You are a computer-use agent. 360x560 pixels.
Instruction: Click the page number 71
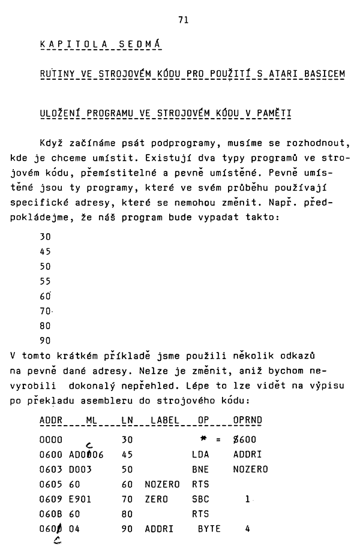coord(183,20)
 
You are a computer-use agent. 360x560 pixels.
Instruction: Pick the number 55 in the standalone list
coord(45,281)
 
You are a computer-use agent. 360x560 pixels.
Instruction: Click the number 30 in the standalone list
coord(45,236)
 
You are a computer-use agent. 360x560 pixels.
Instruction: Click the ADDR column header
coord(51,421)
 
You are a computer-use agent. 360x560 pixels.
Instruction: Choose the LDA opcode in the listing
coord(200,454)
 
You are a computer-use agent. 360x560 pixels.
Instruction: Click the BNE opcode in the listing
coord(200,469)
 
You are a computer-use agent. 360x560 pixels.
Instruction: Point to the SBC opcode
coord(200,499)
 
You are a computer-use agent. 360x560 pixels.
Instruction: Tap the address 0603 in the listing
coord(51,469)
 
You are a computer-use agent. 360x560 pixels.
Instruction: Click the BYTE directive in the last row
coord(209,529)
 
